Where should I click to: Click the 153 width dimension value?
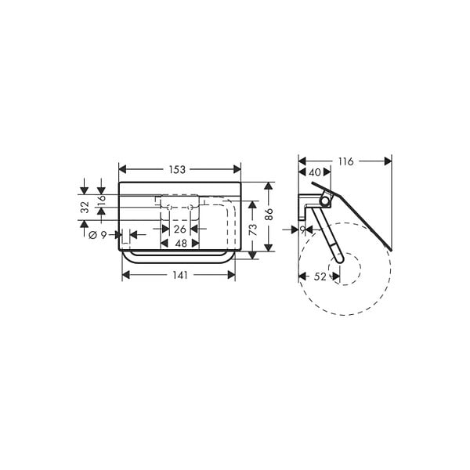[177, 170]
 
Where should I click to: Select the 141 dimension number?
[180, 275]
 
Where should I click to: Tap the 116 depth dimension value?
[346, 161]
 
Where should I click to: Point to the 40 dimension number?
[315, 172]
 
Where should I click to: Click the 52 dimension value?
[320, 277]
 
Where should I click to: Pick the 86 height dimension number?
[269, 214]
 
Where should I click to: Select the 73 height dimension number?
[253, 230]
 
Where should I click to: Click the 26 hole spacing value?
[180, 230]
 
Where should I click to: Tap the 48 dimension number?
[181, 244]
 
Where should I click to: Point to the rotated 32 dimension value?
[85, 207]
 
